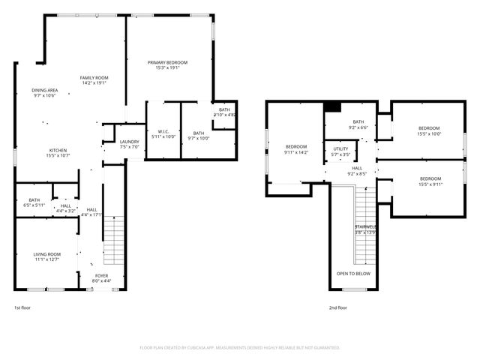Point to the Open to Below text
pos(352,274)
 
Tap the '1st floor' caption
pos(23,307)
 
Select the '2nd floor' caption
pos(337,307)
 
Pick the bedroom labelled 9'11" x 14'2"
pos(296,149)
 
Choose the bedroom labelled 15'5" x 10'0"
pos(429,130)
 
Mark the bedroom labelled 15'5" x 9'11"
pos(430,181)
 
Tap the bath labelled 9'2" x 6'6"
pos(358,124)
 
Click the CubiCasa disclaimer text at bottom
pos(240,348)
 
